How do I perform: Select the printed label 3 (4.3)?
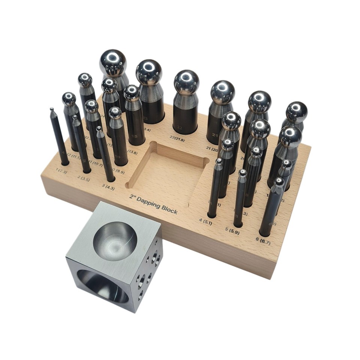click(x=108, y=185)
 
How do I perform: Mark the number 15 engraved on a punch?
click(x=134, y=136)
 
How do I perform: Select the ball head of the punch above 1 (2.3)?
click(x=51, y=109)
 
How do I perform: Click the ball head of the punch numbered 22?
click(x=186, y=82)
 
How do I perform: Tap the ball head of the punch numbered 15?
click(x=132, y=93)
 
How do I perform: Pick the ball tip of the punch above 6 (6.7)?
click(x=279, y=182)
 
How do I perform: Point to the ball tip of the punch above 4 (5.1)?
click(x=219, y=162)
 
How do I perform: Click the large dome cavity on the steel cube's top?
click(x=115, y=240)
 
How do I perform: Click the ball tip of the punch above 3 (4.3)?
click(x=99, y=129)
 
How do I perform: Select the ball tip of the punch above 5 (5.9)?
click(x=243, y=173)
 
